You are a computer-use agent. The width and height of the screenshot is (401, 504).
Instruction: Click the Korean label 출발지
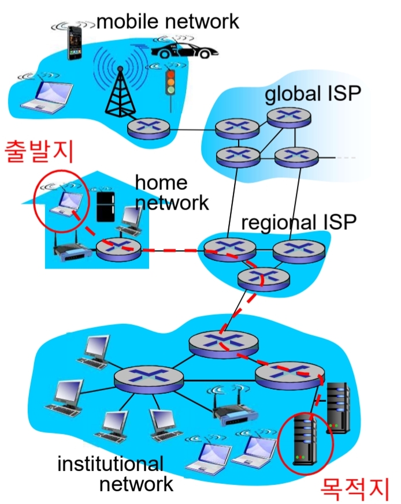coord(39,151)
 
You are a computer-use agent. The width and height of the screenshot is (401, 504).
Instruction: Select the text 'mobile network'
coord(168,22)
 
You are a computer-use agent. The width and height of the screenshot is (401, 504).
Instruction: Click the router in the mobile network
coord(148,128)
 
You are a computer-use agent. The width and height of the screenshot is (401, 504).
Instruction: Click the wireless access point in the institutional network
coord(232,411)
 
